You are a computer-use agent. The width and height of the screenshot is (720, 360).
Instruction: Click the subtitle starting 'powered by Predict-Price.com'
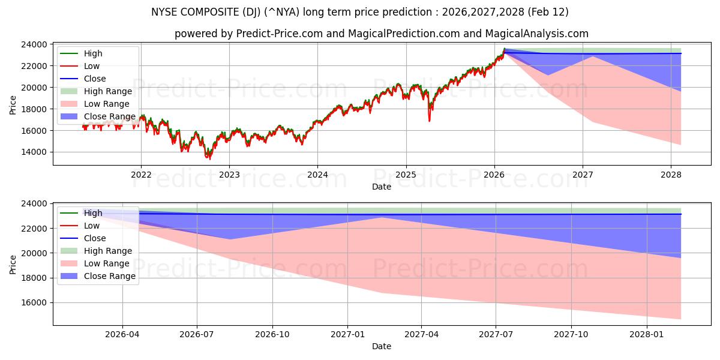tap(381, 34)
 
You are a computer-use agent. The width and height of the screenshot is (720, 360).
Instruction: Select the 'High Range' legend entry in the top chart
tap(107, 91)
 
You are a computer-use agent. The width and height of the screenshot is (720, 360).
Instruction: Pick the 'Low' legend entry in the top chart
tap(92, 66)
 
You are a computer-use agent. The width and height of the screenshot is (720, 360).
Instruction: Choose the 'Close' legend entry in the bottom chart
tap(95, 238)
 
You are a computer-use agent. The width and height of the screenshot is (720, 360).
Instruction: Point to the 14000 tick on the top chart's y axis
tap(35, 152)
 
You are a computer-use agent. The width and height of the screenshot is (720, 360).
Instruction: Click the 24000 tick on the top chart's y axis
tap(35, 44)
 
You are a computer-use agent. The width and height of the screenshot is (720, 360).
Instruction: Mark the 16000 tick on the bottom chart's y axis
tap(35, 303)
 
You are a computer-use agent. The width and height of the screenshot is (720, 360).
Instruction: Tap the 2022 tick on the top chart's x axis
tap(141, 175)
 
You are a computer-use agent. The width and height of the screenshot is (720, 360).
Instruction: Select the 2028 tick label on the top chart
tap(671, 175)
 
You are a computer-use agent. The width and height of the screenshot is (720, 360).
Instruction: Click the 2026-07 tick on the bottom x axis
tap(197, 334)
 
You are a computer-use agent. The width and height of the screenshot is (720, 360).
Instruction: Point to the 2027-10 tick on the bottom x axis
tap(571, 334)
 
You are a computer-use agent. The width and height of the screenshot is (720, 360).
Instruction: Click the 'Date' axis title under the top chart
tap(381, 187)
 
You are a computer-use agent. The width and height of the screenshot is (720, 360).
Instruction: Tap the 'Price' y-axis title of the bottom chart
tap(13, 264)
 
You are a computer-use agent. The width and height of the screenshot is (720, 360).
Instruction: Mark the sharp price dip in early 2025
tap(429, 121)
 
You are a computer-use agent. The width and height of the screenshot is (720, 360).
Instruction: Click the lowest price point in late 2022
tap(209, 158)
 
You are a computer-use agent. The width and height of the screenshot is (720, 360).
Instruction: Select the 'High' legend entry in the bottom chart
tap(92, 213)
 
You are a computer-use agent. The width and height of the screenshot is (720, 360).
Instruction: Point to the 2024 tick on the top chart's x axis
tap(317, 175)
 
